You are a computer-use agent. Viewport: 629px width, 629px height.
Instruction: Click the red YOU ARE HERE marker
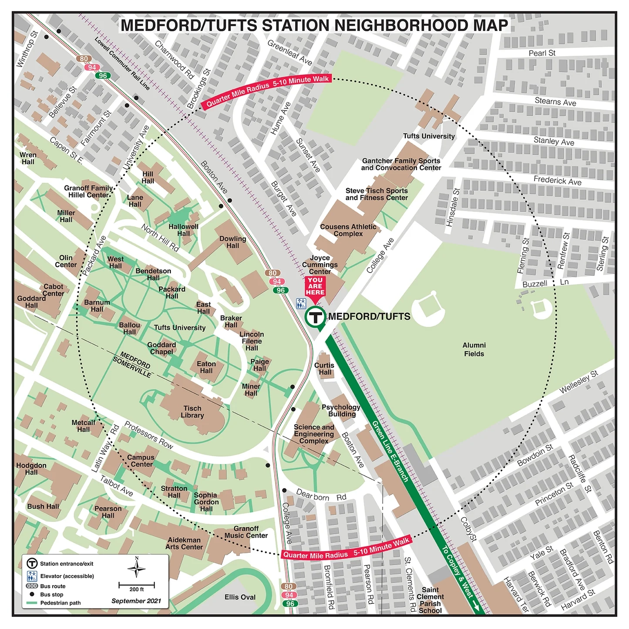315,287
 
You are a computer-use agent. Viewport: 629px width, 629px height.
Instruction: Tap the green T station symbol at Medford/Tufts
315,317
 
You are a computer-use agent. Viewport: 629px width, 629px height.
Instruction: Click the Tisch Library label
192,412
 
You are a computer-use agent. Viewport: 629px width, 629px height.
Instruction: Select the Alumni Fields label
474,350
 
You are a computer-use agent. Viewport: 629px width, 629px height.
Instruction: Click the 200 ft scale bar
137,585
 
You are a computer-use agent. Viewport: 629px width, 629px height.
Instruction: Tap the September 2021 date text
136,601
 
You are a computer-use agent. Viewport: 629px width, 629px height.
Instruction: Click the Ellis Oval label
240,597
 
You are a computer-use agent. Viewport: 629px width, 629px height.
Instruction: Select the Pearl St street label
542,53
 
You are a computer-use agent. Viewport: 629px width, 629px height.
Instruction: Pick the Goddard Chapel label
161,348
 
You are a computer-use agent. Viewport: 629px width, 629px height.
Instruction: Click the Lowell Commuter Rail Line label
122,64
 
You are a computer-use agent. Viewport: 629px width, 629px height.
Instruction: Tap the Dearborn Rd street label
321,496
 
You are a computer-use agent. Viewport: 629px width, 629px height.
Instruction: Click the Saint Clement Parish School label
430,600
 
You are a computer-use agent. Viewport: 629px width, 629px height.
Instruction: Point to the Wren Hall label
28,158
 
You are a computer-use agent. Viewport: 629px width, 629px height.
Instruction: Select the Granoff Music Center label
246,532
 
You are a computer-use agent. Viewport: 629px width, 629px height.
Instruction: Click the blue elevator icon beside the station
301,303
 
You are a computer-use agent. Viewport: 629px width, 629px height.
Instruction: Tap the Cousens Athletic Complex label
348,230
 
